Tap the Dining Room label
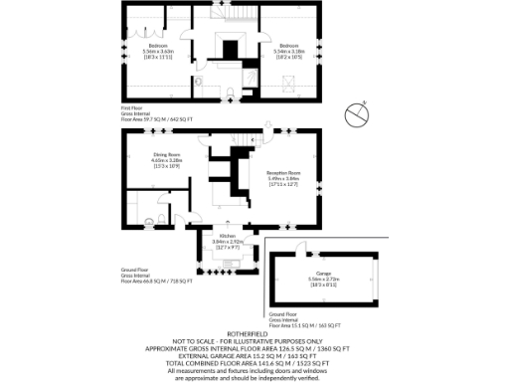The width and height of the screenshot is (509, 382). point(166,154)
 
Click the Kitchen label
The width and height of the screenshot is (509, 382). point(228,234)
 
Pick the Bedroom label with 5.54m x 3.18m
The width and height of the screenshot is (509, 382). point(289,46)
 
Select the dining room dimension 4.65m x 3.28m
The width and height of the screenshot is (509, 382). point(166,160)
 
